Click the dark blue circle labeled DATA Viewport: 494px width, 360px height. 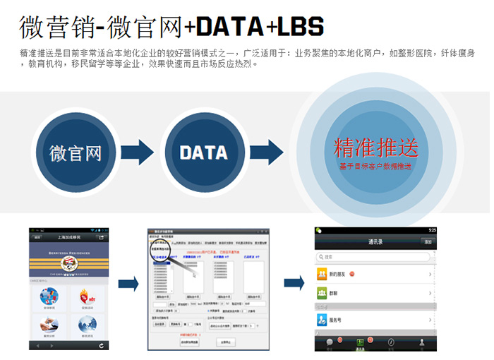pos(203,152)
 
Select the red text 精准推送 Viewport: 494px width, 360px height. pos(375,147)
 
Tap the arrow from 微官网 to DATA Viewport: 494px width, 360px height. pos(137,152)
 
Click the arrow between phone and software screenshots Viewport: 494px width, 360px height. pos(128,284)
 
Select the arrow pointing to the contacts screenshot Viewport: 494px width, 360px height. pos(294,284)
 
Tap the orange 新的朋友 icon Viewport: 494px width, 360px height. pos(323,272)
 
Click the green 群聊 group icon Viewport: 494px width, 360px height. pos(323,292)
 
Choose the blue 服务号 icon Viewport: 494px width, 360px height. pos(323,320)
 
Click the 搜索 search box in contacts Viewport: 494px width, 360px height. pos(374,257)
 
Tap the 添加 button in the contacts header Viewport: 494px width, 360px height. pos(427,241)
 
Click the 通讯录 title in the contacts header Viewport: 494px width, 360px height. pos(375,241)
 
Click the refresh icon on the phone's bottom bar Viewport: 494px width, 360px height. pos(102,344)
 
